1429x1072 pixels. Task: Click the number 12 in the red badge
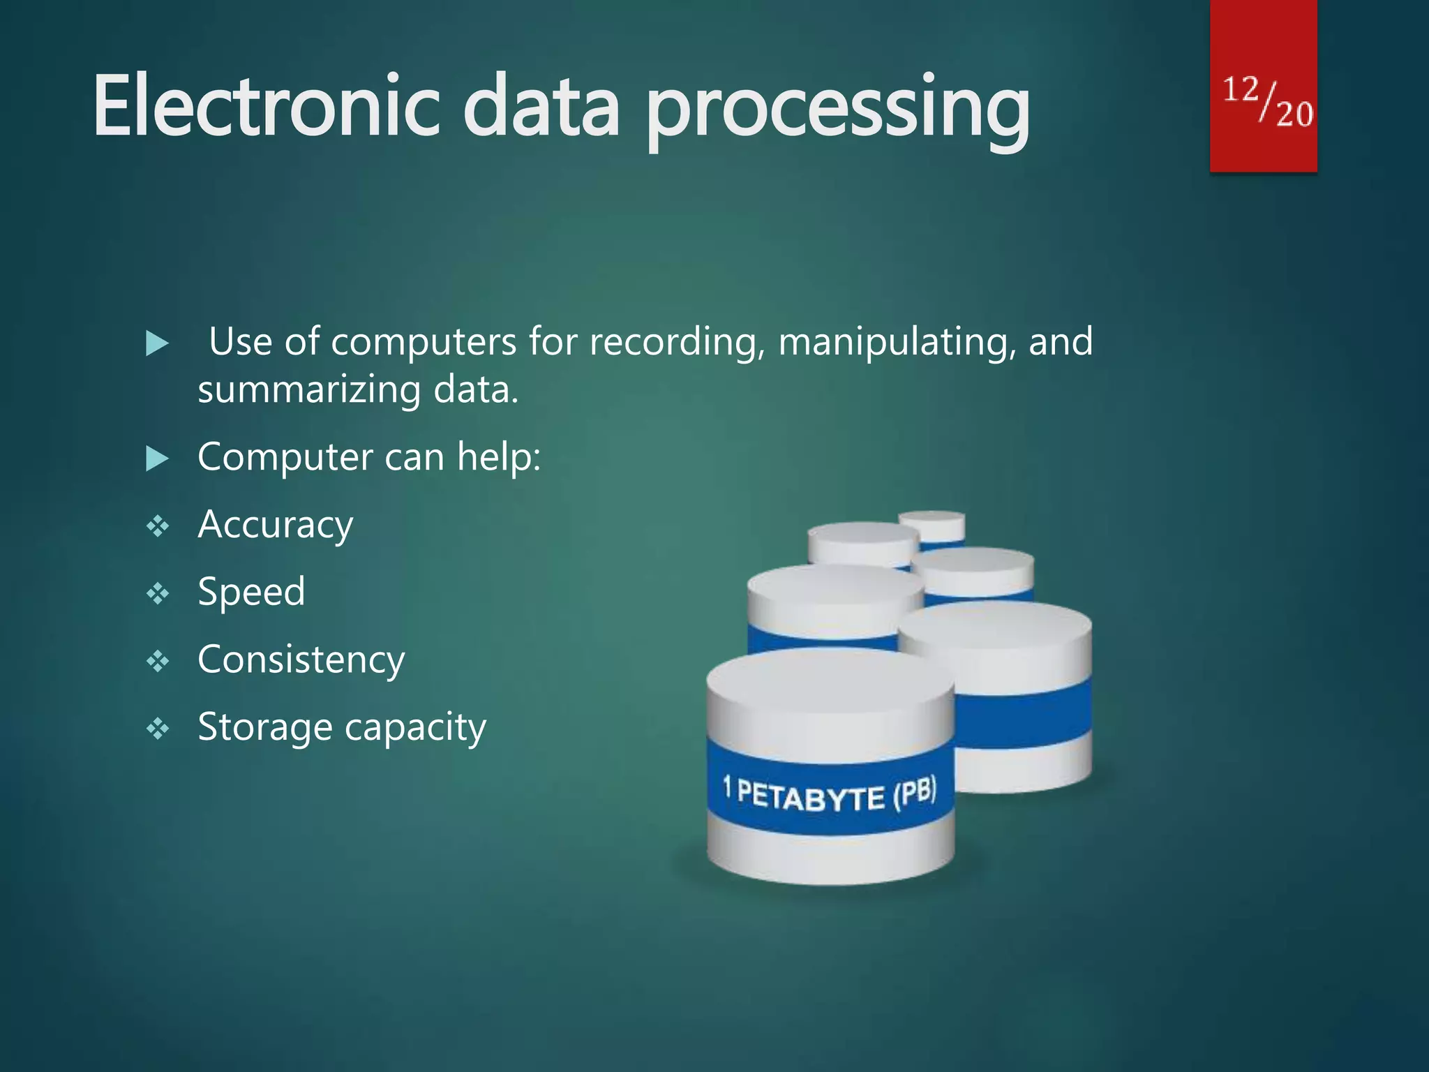pyautogui.click(x=1241, y=90)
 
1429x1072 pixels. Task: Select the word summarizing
pyautogui.click(x=309, y=390)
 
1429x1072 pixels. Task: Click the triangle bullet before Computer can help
pyautogui.click(x=158, y=459)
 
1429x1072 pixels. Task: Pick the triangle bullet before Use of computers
pyautogui.click(x=158, y=343)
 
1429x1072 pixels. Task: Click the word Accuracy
pyautogui.click(x=276, y=525)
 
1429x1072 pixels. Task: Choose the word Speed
pyautogui.click(x=251, y=593)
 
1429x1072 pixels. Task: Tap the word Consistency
pyautogui.click(x=301, y=660)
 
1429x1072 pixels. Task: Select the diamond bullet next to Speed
pyautogui.click(x=158, y=594)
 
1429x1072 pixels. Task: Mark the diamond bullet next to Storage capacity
pyautogui.click(x=158, y=729)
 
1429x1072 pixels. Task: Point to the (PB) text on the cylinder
pyautogui.click(x=915, y=793)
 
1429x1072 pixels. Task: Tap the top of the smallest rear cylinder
pyautogui.click(x=932, y=518)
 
